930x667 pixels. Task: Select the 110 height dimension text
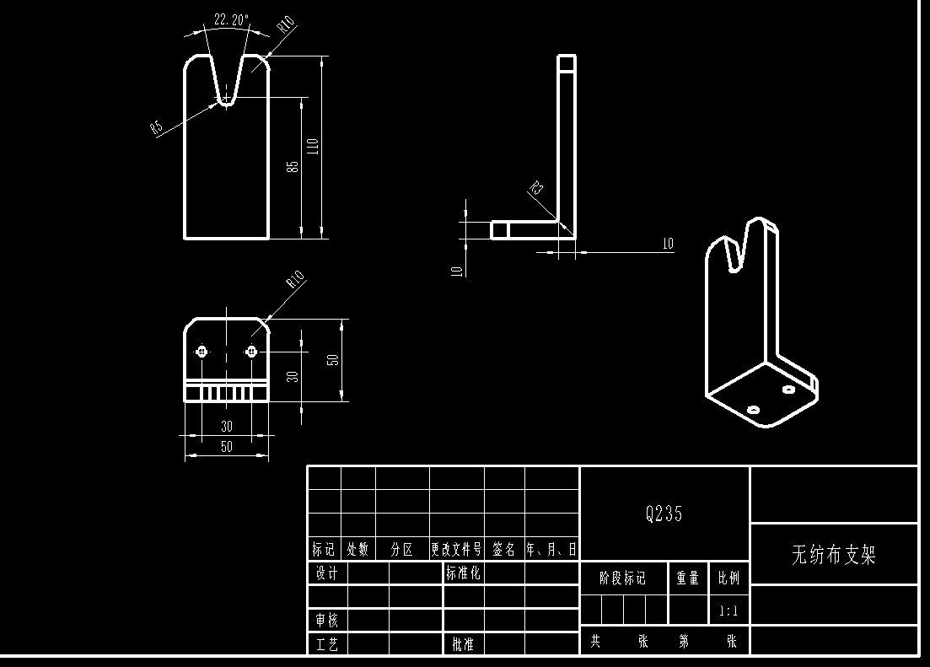pos(314,146)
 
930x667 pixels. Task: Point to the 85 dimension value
pos(293,166)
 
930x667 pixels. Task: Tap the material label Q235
pos(664,514)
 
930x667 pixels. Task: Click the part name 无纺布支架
pos(833,554)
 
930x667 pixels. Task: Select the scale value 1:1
pos(728,611)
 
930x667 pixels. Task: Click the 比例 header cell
pos(728,578)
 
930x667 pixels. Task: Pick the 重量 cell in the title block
pos(687,578)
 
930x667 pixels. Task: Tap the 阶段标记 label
pos(622,578)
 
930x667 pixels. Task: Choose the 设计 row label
pos(326,573)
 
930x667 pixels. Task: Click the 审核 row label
pos(326,621)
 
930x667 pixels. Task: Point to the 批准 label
pos(463,644)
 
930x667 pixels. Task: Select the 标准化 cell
pos(463,573)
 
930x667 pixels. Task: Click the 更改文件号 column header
pos(456,550)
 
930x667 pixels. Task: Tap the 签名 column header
pos(504,550)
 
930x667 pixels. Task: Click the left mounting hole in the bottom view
pos(202,352)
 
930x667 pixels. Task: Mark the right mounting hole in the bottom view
pos(251,352)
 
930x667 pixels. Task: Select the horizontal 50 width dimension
pos(226,447)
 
